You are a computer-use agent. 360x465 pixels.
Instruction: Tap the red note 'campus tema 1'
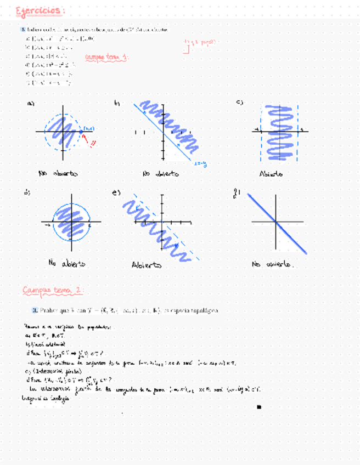[107, 57]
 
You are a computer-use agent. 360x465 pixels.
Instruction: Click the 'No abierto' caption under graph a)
[58, 173]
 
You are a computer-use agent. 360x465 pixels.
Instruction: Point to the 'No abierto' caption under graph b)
[160, 174]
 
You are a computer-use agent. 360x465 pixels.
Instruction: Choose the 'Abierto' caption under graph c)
[272, 174]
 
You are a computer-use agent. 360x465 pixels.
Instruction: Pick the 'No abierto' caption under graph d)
[66, 263]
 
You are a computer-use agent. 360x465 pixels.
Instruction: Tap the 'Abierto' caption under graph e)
[147, 265]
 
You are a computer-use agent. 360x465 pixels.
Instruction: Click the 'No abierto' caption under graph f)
[272, 264]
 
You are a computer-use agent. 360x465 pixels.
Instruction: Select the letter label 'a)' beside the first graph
[31, 104]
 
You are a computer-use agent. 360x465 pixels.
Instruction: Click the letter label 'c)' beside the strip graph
[239, 103]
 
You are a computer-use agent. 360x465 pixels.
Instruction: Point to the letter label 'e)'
[116, 192]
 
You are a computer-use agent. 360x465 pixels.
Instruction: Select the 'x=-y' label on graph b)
[200, 163]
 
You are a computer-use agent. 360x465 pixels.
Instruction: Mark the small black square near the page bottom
[258, 407]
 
